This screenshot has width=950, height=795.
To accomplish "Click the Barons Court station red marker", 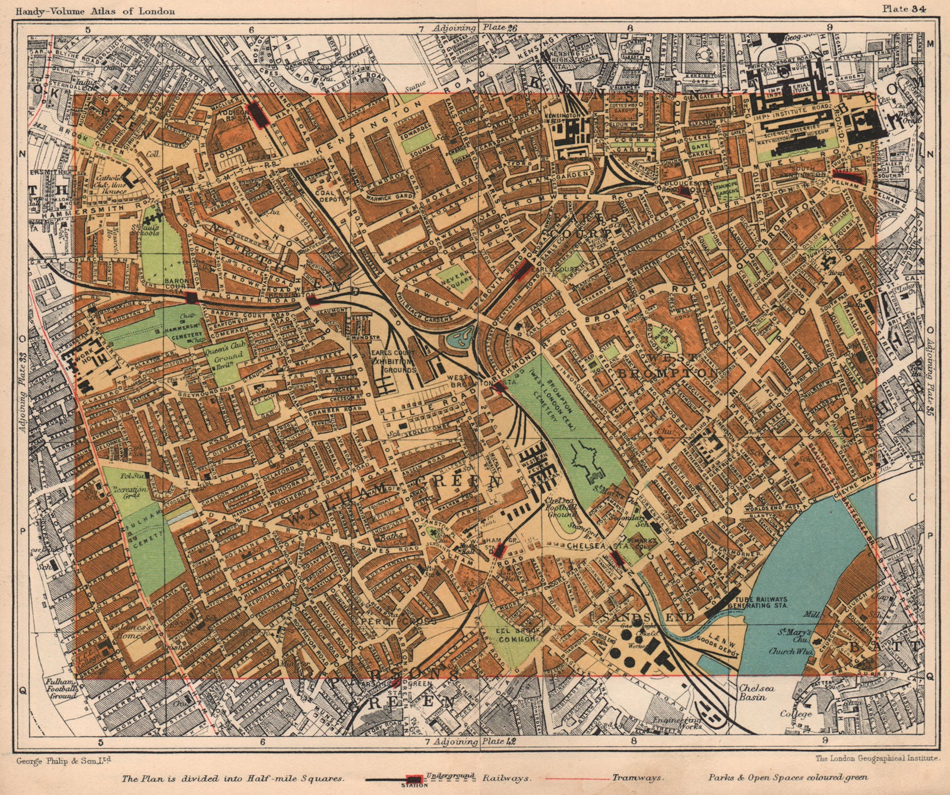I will click(x=191, y=298).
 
